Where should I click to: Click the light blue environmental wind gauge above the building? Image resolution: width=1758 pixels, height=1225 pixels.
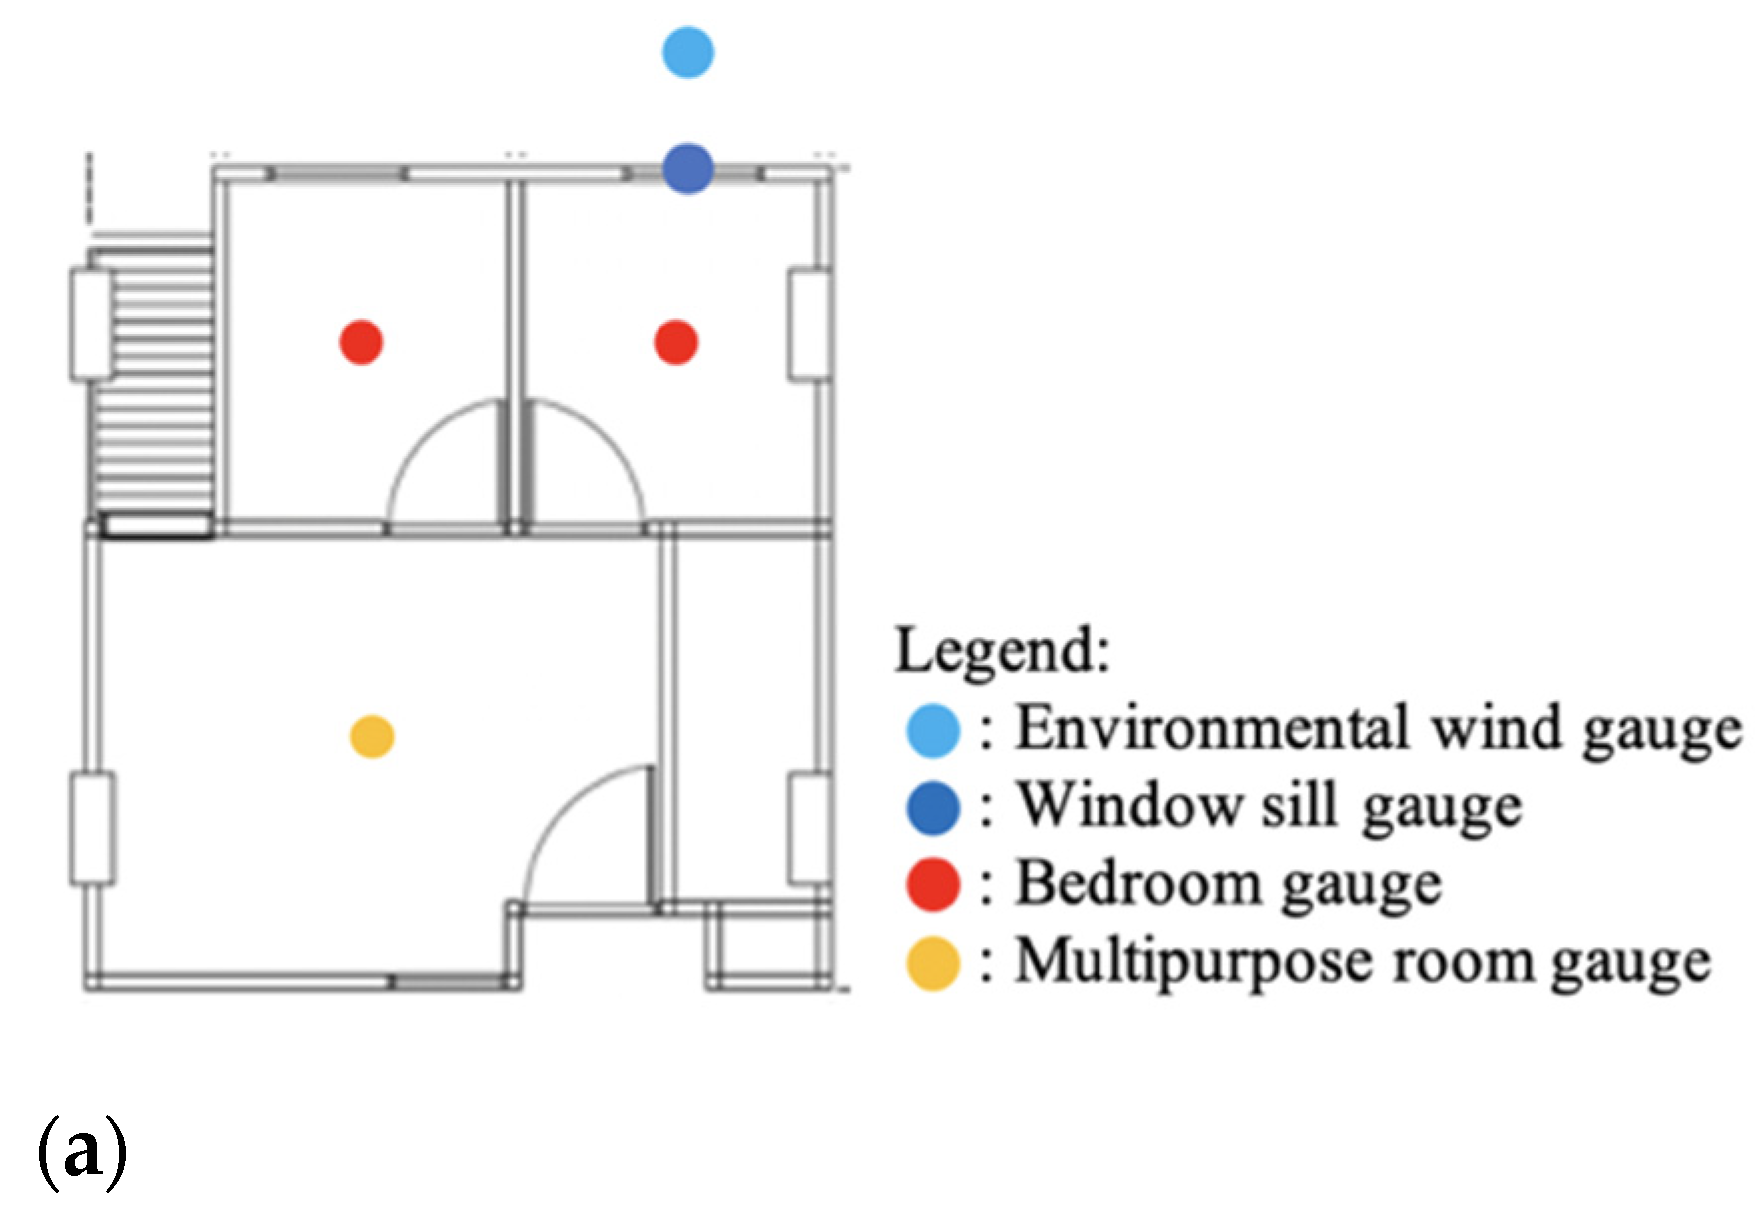point(688,52)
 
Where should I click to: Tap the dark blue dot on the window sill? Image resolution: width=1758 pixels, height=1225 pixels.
point(688,168)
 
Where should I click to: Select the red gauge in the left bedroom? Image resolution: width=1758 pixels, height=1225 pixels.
point(361,342)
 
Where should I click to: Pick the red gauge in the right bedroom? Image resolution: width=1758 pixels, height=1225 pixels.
point(675,342)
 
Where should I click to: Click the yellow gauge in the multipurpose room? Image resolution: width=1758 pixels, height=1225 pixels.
point(372,737)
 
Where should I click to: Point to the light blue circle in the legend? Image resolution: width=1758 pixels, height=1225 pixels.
point(933,729)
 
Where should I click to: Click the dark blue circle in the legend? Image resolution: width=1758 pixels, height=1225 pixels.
point(933,807)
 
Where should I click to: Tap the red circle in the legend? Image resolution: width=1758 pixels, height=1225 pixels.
point(933,885)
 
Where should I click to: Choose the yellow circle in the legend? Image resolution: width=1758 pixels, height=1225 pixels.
point(933,963)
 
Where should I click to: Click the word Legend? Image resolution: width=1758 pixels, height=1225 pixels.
point(1002,651)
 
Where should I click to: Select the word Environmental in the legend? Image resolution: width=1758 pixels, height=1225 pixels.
point(1213,727)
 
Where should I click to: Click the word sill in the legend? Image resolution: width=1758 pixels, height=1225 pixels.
point(1298,805)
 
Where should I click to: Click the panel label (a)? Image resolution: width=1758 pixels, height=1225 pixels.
point(82,1153)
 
